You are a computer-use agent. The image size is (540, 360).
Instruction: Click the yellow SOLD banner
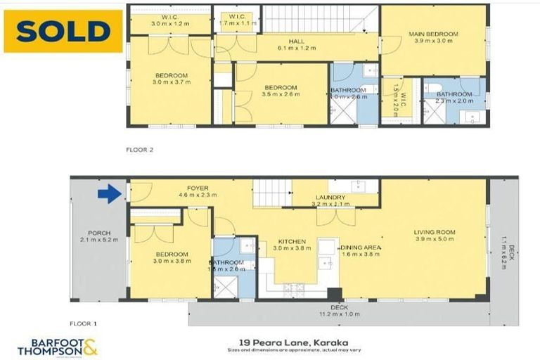click(x=63, y=31)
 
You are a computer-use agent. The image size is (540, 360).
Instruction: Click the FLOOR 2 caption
click(x=139, y=149)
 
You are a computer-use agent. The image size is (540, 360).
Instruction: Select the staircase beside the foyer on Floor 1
click(x=271, y=193)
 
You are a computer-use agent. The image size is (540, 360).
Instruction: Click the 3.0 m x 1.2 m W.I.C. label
click(x=170, y=20)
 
